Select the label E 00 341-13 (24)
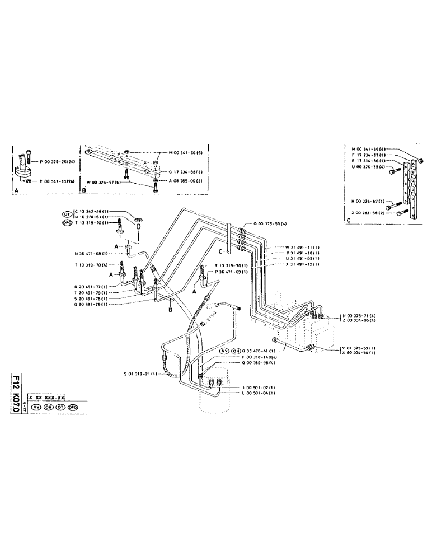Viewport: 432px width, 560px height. coord(56,181)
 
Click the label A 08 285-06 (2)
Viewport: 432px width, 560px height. coord(184,181)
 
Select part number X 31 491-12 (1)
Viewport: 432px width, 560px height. coord(289,263)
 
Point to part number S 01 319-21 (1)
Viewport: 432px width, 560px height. coord(141,374)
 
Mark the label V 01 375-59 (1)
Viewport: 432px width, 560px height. coord(360,348)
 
